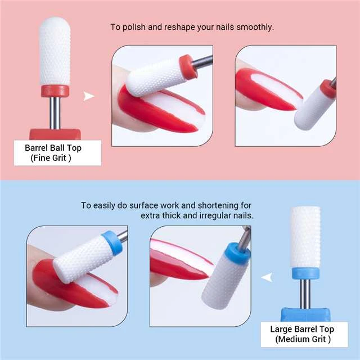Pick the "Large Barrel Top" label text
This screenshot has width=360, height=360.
[302, 329]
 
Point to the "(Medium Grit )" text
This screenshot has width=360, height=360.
[302, 339]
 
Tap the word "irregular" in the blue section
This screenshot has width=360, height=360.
[208, 215]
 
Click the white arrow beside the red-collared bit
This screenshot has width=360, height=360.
[88, 96]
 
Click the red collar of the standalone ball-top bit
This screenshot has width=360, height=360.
[55, 91]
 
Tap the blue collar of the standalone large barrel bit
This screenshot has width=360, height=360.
[304, 273]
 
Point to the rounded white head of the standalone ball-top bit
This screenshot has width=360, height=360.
[55, 51]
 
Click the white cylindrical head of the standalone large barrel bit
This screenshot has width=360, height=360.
[304, 236]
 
